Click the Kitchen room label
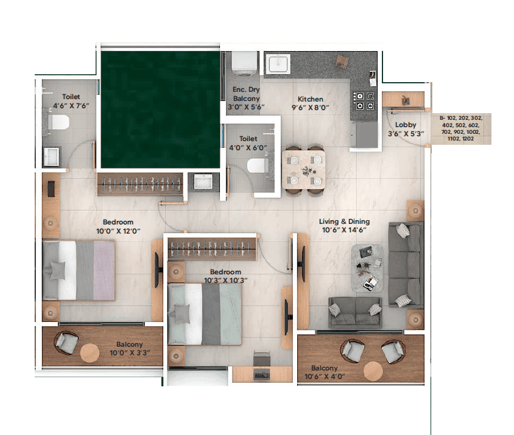tap(310, 99)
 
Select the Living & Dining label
tap(345, 221)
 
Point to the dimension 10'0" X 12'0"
tap(118, 231)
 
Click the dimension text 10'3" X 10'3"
tap(225, 280)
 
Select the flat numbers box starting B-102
tap(460, 128)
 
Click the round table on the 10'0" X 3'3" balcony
tap(90, 353)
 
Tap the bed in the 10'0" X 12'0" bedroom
tap(79, 270)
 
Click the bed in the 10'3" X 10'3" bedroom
tap(205, 314)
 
